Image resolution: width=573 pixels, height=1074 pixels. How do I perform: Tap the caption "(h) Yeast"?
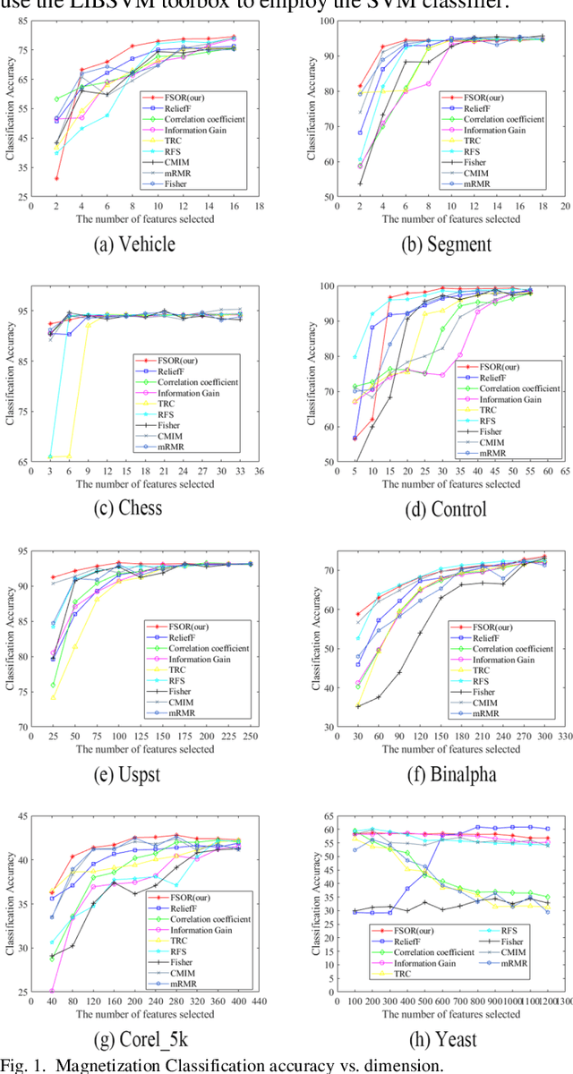[428, 1038]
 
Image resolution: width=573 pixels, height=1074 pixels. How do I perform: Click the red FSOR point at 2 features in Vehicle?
[57, 178]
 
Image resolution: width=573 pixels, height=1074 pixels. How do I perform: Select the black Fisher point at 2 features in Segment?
[361, 183]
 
